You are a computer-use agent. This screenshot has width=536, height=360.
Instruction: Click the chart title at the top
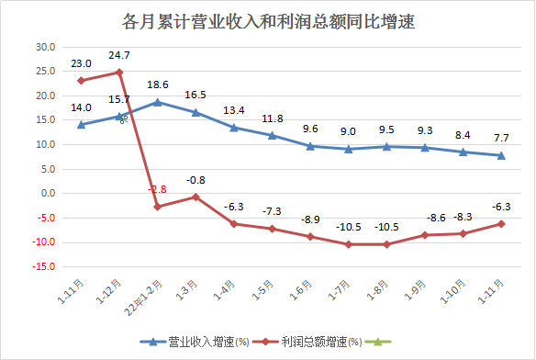(268, 19)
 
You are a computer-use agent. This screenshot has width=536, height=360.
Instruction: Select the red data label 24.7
(119, 56)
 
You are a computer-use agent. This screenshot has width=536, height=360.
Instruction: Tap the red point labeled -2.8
(158, 207)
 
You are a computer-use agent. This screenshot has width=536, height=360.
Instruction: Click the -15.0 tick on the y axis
(43, 267)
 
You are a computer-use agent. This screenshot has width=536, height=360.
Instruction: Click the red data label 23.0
(81, 63)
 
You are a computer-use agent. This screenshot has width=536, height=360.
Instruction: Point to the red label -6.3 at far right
(501, 207)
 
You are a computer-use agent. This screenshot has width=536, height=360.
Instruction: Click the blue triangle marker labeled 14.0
(81, 124)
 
